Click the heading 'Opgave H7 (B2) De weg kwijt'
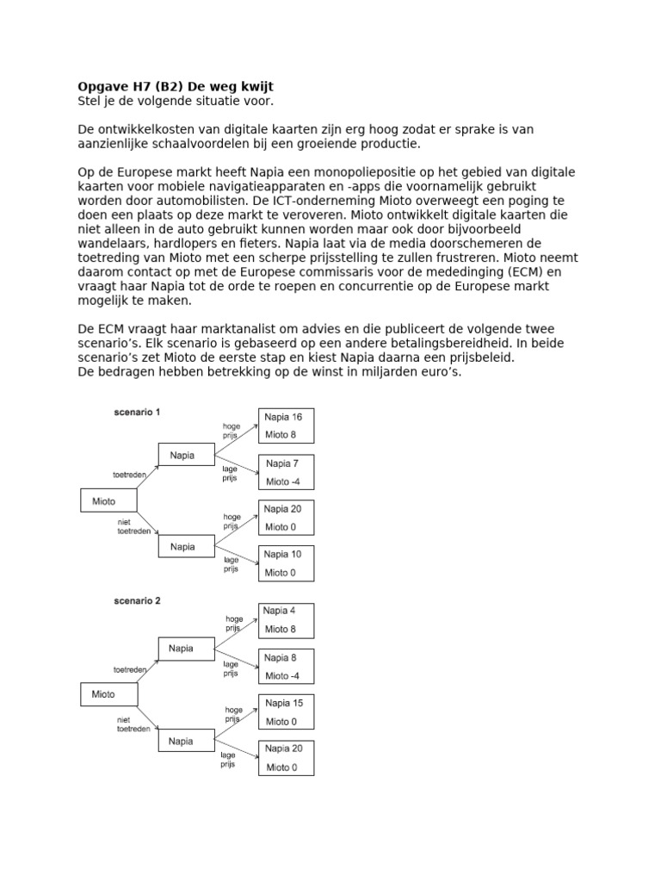tap(176, 87)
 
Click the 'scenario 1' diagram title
tap(137, 412)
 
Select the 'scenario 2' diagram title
tap(137, 600)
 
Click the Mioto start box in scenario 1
tap(108, 500)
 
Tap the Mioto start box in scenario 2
tap(108, 693)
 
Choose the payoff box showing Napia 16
tap(286, 425)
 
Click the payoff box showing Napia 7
tap(286, 472)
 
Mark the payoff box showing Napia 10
tap(286, 563)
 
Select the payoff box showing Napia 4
tap(286, 619)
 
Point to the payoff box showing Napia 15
tap(286, 711)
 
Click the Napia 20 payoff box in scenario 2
tap(286, 757)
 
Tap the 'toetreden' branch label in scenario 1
tap(130, 474)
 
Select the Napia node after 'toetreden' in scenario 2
tap(186, 648)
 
